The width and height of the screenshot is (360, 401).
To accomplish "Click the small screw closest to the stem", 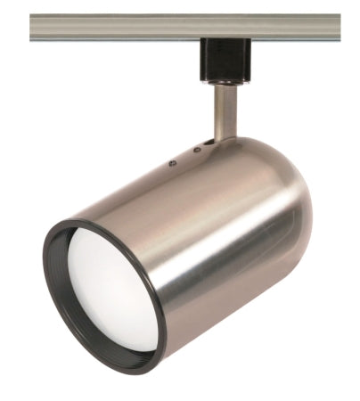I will coord(195,150).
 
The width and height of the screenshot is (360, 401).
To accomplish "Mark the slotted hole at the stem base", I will coord(208,139).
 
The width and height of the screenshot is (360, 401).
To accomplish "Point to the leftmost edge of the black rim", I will coord(45,258).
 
